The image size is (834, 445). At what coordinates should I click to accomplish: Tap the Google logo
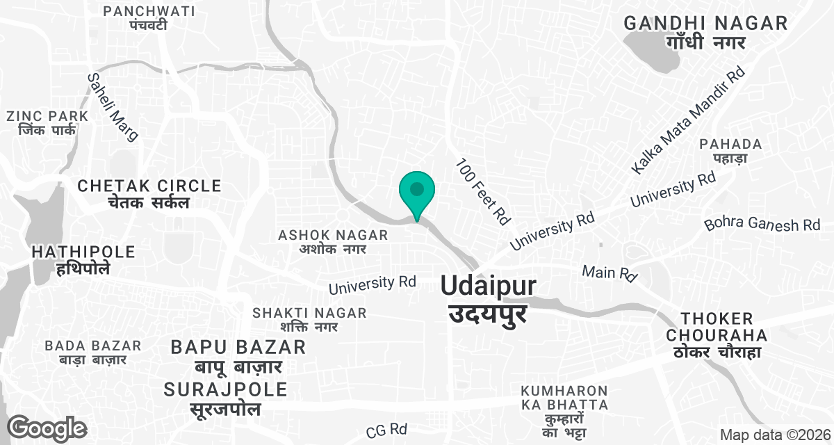tap(47, 428)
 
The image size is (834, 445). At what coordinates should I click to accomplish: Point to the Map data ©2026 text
tap(774, 435)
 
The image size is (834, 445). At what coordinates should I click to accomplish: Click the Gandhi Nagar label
tap(705, 32)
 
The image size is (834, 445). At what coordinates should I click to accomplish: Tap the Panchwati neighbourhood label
tap(149, 18)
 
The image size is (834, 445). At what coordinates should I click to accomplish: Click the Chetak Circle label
tap(149, 194)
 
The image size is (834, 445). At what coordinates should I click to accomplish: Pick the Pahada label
tap(731, 151)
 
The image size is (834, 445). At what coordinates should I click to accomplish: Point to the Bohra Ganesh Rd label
tap(762, 224)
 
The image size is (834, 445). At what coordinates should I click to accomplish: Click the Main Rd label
tap(610, 273)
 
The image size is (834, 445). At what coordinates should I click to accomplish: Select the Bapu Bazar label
tap(238, 355)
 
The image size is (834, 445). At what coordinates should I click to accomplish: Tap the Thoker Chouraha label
tap(717, 336)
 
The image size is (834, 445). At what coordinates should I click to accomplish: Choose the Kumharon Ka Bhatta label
tap(564, 406)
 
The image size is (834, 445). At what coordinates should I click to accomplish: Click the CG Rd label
tap(386, 428)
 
